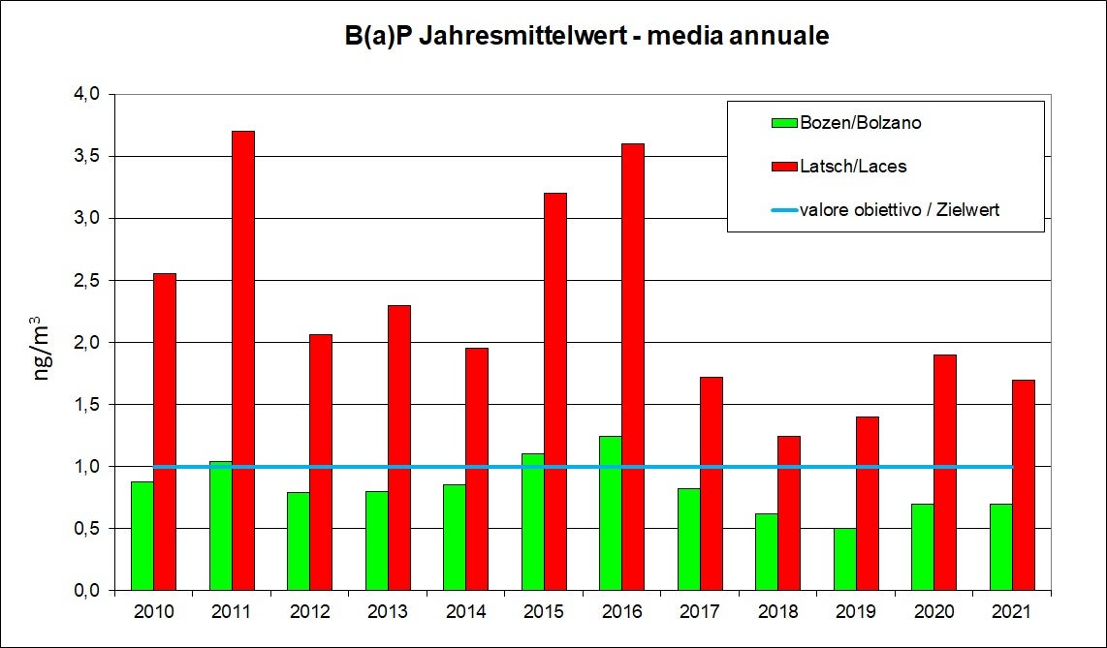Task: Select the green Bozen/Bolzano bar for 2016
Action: tap(611, 512)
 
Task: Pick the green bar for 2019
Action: tap(844, 559)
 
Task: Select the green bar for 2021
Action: tap(1000, 546)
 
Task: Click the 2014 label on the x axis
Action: tap(465, 612)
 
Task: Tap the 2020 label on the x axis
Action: tap(933, 612)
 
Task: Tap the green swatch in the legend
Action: tap(784, 123)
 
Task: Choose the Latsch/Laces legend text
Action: tap(854, 167)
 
